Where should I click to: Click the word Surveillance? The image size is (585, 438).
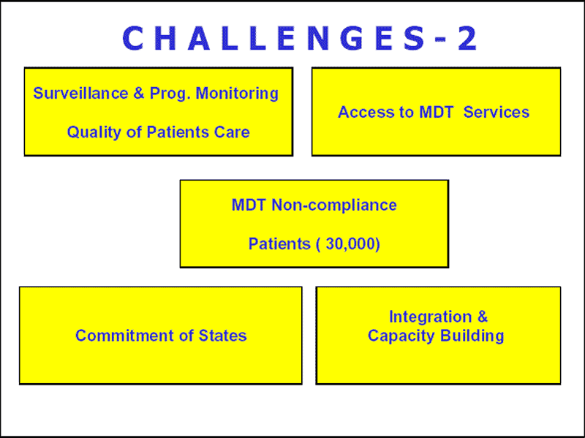coord(80,93)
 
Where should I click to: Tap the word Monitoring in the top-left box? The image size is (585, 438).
coord(237,94)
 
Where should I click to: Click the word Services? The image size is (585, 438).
coord(497,113)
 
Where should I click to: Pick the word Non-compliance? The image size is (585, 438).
coord(334,205)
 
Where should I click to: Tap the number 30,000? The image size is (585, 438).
coord(350,244)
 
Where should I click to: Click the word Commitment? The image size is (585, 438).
coord(125,336)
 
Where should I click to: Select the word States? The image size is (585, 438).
coord(223,336)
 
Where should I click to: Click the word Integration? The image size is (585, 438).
coord(430,317)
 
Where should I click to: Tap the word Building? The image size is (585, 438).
coord(472,336)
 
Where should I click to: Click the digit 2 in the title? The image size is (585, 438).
coord(467,38)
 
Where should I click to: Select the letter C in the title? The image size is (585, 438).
coord(133,38)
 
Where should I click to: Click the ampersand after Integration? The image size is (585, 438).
coord(483,317)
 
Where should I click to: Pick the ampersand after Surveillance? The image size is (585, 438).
coord(139,93)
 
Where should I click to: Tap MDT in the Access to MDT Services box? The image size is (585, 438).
coord(436,113)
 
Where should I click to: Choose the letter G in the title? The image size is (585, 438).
coord(352,38)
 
